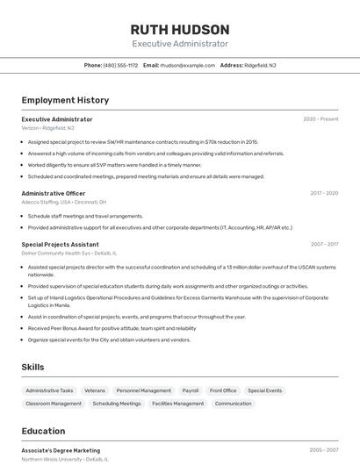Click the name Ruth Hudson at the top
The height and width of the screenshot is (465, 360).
[x=180, y=30]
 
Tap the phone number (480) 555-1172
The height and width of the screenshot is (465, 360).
[x=120, y=65]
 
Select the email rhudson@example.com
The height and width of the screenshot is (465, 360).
[x=187, y=65]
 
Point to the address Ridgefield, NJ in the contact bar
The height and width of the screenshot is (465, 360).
[x=260, y=65]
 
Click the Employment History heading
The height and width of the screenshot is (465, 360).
[x=65, y=100]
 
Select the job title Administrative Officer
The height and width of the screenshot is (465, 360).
[x=54, y=193]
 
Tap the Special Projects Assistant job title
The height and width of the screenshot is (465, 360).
[x=60, y=244]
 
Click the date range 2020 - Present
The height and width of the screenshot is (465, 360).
[x=320, y=119]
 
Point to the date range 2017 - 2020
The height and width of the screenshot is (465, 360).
[x=324, y=193]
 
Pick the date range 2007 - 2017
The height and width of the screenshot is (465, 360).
[x=324, y=244]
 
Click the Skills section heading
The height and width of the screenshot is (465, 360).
[x=32, y=367]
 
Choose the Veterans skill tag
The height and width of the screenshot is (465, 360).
[x=95, y=390]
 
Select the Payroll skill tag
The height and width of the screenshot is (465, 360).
[x=191, y=390]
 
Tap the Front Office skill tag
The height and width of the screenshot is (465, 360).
[x=223, y=390]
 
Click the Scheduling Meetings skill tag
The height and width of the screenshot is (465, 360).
[x=117, y=404]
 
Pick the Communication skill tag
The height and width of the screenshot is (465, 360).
[x=234, y=404]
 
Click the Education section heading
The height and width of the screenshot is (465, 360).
[x=43, y=431]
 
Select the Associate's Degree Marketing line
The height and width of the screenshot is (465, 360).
[x=61, y=450]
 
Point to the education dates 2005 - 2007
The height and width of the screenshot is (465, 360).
[x=324, y=450]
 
